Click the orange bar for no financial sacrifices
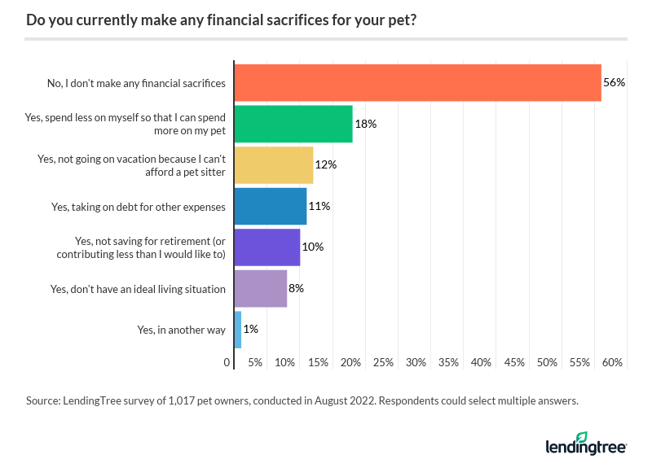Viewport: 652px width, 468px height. point(417,83)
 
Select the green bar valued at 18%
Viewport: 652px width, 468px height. point(293,124)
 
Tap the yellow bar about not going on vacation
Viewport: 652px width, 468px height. point(274,165)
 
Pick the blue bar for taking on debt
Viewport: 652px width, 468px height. point(271,207)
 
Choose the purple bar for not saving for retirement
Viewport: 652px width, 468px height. point(267,247)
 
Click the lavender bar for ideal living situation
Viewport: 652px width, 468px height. point(261,289)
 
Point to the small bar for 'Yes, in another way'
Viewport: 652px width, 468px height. point(238,330)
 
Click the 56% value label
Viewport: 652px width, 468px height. point(614,83)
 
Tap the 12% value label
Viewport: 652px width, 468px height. point(326,165)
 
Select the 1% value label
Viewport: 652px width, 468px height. point(251,330)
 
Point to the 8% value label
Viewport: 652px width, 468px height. point(297,289)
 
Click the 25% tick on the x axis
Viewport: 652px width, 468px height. point(384,362)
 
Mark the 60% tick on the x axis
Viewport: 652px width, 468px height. point(612,362)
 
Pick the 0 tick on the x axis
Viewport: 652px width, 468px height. point(227,362)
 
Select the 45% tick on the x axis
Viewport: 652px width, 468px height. point(514,362)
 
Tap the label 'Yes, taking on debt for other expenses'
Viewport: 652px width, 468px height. point(139,207)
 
